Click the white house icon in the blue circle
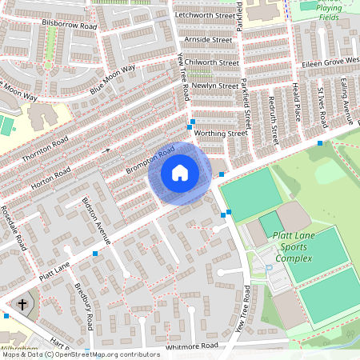click(180, 173)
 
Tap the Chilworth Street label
click(211, 62)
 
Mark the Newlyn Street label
click(214, 86)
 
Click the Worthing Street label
click(220, 133)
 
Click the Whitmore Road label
click(192, 346)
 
